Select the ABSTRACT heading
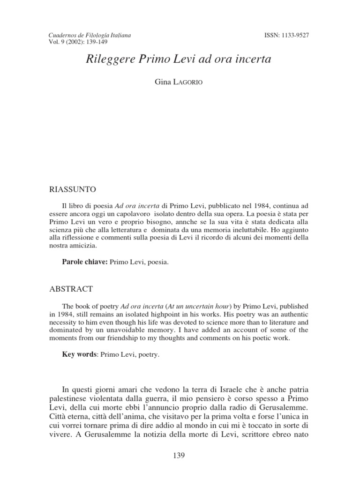[71, 289]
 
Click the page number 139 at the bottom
[180, 455]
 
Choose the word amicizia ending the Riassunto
[81, 246]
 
